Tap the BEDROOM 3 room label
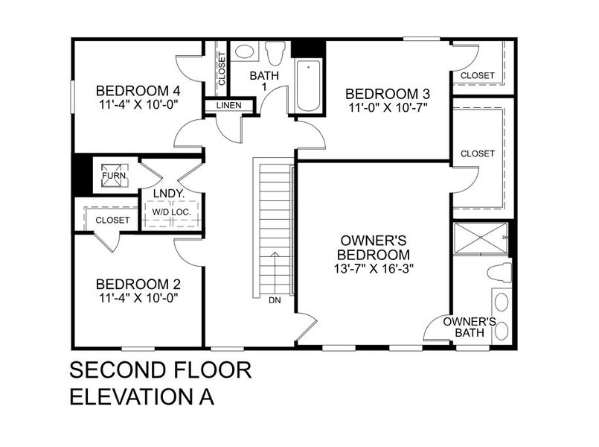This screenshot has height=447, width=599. click(387, 94)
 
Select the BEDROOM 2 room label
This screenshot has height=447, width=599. click(138, 284)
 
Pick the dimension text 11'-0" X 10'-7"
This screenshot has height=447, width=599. click(387, 107)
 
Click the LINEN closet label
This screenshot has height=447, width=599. click(229, 106)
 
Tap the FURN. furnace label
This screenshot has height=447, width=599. click(115, 177)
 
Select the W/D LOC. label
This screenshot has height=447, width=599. click(172, 212)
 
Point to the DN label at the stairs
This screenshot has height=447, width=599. click(275, 301)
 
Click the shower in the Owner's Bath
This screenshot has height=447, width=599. click(481, 238)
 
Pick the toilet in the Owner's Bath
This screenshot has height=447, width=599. click(502, 273)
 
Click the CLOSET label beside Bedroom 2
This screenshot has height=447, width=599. click(112, 221)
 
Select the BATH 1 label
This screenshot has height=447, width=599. click(262, 81)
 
